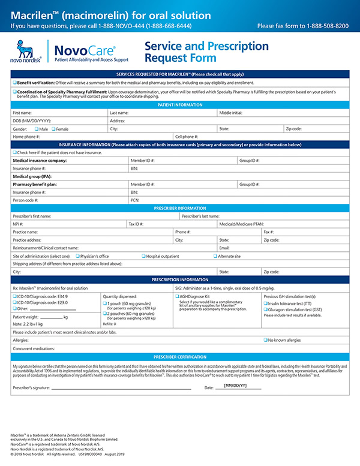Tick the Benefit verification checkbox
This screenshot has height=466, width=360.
[x=14, y=82]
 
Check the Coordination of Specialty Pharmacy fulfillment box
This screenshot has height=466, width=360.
[x=14, y=91]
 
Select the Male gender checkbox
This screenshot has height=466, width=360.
[x=37, y=129]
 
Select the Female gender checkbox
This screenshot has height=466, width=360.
[x=53, y=129]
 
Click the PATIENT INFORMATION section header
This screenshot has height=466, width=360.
[x=180, y=105]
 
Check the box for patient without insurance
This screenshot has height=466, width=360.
[x=14, y=153]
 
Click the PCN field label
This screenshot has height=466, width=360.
[x=135, y=200]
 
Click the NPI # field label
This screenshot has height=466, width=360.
[x=19, y=224]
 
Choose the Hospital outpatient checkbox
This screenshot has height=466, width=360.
[x=144, y=256]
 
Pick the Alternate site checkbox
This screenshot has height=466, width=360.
[x=215, y=256]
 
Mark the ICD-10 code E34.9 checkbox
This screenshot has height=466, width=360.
[x=14, y=296]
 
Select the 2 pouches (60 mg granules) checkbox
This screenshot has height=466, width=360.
[x=104, y=313]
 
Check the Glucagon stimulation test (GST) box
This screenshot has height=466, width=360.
[x=266, y=309]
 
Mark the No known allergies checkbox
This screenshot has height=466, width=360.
[x=266, y=339]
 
